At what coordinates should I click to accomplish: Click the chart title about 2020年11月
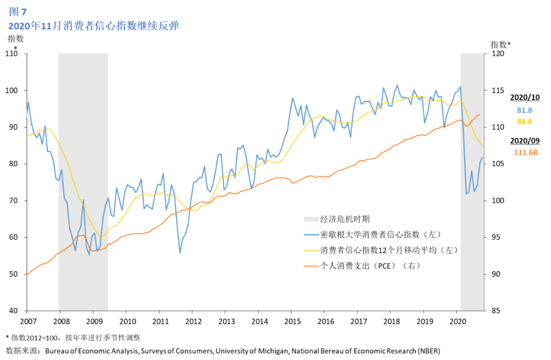click(93, 26)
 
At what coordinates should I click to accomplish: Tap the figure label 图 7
click(18, 12)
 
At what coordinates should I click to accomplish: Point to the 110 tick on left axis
click(12, 54)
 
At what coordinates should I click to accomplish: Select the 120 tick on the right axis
click(497, 54)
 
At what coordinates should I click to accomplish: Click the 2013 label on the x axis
click(227, 321)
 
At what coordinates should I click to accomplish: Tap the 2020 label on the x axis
click(458, 321)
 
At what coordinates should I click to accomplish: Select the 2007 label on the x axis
click(28, 321)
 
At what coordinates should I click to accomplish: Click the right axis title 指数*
click(500, 44)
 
